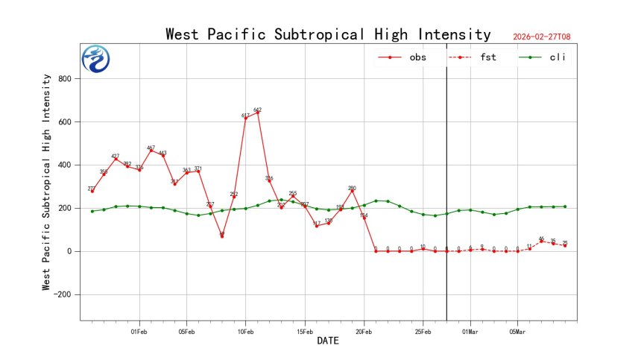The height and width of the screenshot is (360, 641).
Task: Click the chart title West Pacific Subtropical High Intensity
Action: [x=328, y=35]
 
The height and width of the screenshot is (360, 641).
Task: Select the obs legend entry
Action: [x=402, y=57]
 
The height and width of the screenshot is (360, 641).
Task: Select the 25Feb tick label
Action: [x=423, y=331]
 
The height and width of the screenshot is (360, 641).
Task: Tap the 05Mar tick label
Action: [x=517, y=331]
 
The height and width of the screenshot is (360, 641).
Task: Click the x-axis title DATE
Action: [x=328, y=341]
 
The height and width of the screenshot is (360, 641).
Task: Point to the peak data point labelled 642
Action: [x=257, y=113]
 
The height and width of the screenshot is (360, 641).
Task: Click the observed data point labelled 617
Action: [x=245, y=118]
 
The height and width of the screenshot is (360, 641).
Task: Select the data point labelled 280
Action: [x=352, y=191]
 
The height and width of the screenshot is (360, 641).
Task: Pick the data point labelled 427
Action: [x=116, y=159]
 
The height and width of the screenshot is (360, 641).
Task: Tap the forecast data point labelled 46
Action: [x=541, y=241]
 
